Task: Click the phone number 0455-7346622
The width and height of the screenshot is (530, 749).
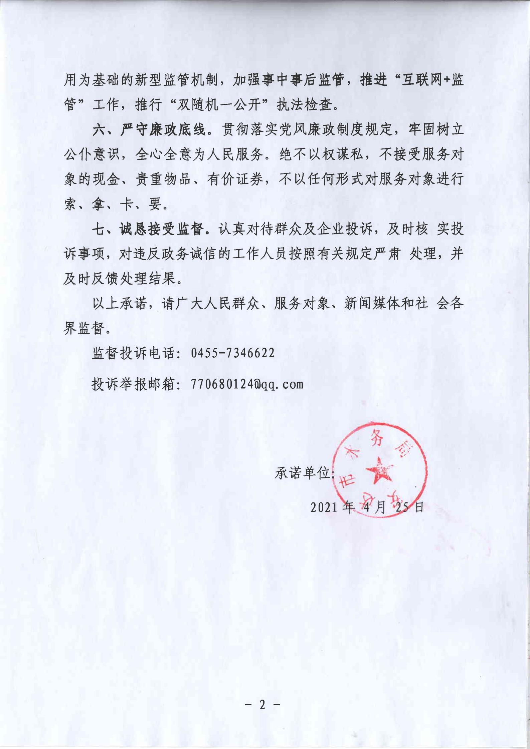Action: coord(232,353)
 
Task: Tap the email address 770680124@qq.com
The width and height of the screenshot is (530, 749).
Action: coord(247,384)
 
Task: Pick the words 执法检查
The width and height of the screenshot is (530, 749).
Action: coord(305,105)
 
